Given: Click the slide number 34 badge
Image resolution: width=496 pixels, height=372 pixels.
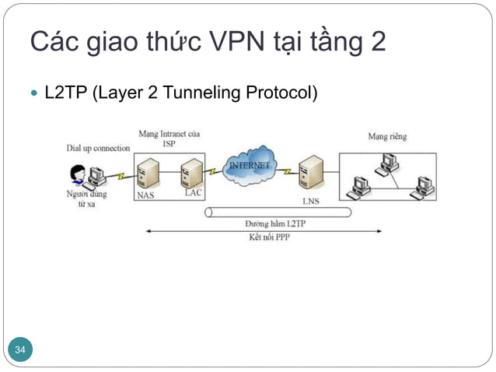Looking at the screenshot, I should (x=20, y=351).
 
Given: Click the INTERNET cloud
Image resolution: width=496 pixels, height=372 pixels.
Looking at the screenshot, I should (x=250, y=166).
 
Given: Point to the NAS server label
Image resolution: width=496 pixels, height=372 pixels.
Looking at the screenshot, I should (x=145, y=195).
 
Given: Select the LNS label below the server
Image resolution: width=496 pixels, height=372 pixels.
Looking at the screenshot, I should (x=311, y=201).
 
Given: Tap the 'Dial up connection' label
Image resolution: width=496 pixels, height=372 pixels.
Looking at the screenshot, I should (x=98, y=148).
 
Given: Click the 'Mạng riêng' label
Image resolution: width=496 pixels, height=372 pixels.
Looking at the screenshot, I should (x=387, y=137).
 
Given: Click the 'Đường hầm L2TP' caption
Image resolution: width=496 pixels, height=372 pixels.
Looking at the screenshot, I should (x=267, y=223).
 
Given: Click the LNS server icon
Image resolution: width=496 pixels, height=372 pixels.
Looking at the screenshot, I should (x=311, y=175).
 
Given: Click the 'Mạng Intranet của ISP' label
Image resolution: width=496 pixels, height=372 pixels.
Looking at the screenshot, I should (x=169, y=139).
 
